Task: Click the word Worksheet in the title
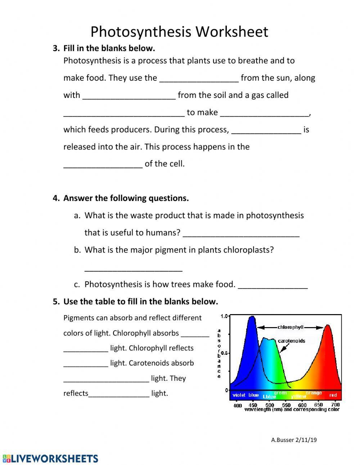(232, 32)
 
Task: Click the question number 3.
(56, 48)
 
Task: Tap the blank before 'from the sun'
(199, 79)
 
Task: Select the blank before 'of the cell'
(103, 165)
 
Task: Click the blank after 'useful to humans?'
(241, 233)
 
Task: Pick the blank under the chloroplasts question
(133, 268)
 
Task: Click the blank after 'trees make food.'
(273, 285)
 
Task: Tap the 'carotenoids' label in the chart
(291, 341)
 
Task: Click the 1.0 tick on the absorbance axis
(224, 317)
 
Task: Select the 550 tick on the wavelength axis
(286, 405)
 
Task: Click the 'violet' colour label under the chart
(239, 395)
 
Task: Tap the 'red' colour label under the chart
(333, 395)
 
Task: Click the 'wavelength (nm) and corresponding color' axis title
(292, 410)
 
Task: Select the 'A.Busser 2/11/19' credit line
(294, 440)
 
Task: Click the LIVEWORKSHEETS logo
(50, 459)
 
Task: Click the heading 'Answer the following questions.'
(126, 198)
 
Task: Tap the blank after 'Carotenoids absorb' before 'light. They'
(106, 379)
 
